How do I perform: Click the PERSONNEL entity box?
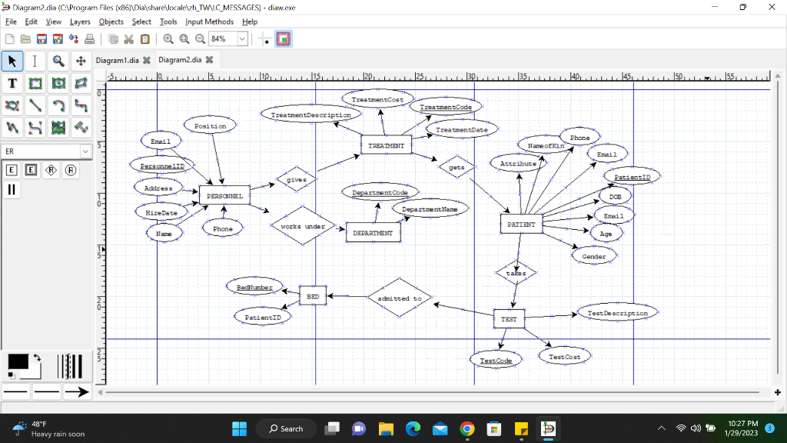pos(224,196)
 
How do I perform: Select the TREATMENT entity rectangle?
pos(386,145)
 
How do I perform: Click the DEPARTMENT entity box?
pos(373,232)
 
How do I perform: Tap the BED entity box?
pos(313,295)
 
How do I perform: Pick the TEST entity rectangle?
pos(509,318)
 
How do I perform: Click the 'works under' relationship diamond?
pos(303,226)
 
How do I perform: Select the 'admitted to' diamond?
pos(400,298)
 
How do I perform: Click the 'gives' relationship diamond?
pos(296,180)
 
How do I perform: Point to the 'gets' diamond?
pos(457,167)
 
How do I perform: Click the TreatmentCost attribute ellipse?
pos(377,99)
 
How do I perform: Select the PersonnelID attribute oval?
pos(162,165)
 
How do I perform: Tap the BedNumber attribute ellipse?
pos(254,287)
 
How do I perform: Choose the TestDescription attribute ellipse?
pos(617,313)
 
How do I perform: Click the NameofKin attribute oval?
pos(546,145)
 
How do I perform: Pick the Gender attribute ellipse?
pos(594,256)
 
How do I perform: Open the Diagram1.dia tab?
pos(118,59)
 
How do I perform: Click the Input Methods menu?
pos(209,22)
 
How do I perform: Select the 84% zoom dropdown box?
pos(228,38)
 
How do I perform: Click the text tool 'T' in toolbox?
pos(12,83)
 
